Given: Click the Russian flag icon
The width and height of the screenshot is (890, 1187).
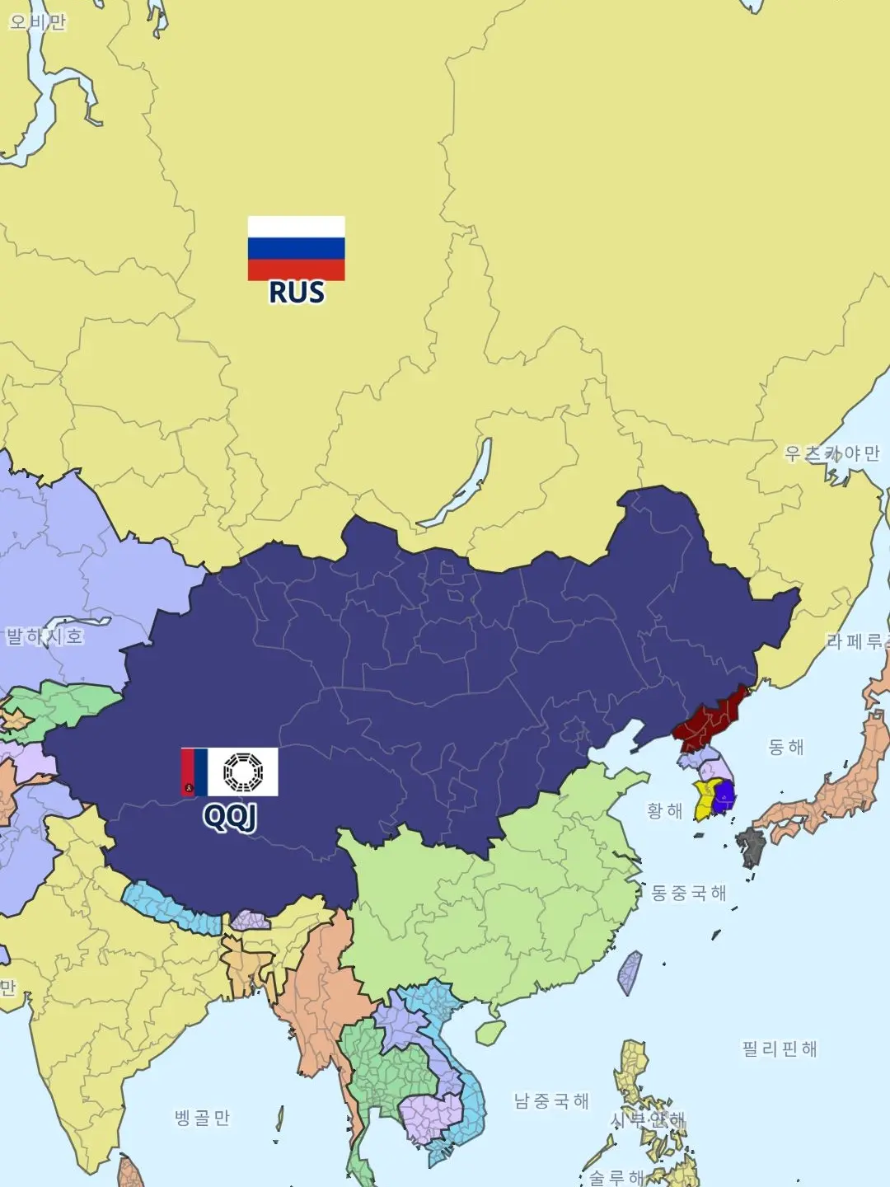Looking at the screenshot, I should pos(296,248).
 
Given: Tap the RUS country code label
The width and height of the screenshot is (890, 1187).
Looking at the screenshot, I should pos(297,293).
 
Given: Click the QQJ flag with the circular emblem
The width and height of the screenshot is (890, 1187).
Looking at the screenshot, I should pos(230,772).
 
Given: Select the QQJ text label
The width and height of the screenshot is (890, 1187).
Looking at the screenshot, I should pos(230,816).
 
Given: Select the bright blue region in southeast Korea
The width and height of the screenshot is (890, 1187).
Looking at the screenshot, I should pos(724,796).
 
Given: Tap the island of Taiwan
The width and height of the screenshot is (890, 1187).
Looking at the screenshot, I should pos(630,974).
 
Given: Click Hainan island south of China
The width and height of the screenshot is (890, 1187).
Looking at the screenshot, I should pos(490,1033).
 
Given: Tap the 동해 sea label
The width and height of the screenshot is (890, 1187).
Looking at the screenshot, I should pos(785,747).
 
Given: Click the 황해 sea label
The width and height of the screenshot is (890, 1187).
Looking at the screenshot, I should pos(664,811).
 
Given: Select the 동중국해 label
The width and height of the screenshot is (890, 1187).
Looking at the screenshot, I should pos(689,893).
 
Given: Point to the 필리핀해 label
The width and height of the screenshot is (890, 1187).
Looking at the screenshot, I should pos(779,1049).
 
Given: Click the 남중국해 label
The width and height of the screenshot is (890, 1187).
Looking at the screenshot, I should pos(551,1101).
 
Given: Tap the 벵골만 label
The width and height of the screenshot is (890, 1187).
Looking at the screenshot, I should pos(202,1118).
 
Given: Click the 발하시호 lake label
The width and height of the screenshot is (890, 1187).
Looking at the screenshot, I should pos(44,636).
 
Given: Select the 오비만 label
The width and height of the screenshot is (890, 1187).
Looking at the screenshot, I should pos(37,22).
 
